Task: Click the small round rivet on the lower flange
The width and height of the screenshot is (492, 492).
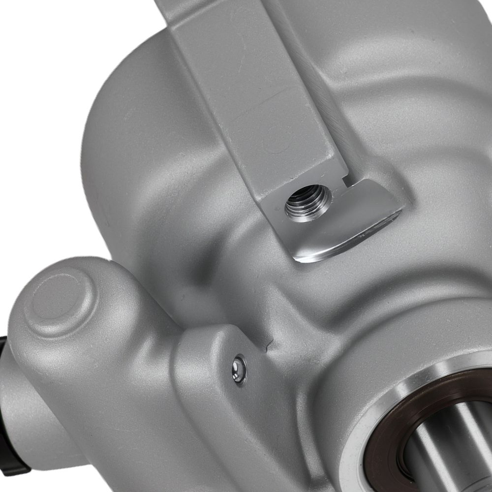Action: (x=240, y=368)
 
